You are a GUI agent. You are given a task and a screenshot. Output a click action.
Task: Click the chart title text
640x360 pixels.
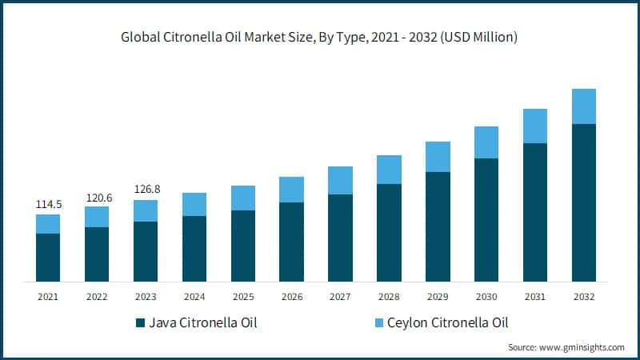[320, 37]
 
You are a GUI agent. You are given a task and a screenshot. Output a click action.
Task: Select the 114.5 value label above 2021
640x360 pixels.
[48, 205]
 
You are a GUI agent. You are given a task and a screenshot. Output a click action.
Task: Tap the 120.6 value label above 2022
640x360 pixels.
[97, 197]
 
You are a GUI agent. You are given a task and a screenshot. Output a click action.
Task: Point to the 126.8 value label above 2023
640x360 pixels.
[146, 190]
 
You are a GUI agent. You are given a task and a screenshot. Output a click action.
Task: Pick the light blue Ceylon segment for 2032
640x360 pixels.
[584, 106]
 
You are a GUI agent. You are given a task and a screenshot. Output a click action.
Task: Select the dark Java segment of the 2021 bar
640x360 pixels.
[48, 257]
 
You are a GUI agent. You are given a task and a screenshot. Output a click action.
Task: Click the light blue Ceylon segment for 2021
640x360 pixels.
[48, 224]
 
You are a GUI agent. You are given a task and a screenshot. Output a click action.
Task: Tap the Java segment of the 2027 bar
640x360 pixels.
[340, 238]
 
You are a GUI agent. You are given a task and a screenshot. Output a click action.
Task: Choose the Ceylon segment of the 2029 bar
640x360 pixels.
[438, 157]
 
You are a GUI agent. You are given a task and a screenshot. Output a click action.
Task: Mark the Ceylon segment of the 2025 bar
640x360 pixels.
[243, 198]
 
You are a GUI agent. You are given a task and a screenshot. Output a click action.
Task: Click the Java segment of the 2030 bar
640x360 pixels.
[486, 220]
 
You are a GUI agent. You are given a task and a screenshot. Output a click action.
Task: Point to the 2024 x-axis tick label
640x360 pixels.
[194, 297]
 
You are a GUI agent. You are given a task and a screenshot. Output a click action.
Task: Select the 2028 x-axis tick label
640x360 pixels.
[389, 297]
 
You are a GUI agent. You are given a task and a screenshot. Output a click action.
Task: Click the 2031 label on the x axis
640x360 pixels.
[535, 297]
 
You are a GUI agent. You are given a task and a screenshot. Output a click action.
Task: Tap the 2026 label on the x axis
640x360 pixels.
[291, 297]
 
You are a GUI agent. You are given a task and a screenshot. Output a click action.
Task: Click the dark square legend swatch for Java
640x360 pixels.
[140, 323]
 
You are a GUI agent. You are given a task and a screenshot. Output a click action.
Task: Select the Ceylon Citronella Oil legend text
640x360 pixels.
[448, 323]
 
